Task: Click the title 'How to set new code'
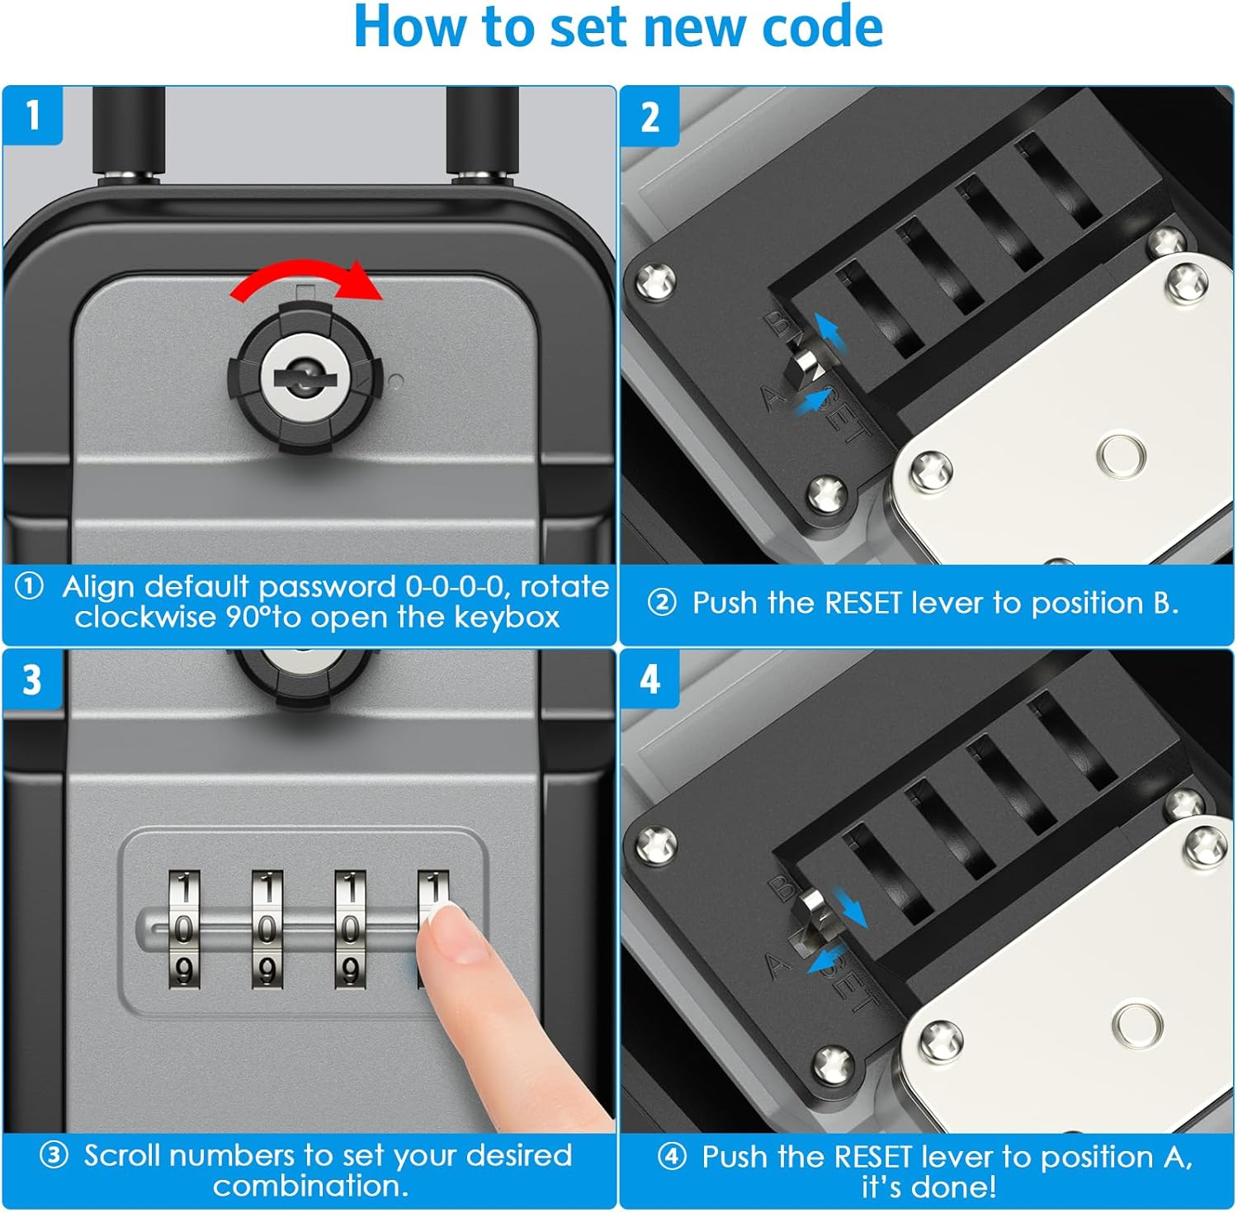click(618, 28)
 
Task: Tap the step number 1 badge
click(32, 115)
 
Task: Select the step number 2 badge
click(650, 116)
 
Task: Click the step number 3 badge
click(32, 680)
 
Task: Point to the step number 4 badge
click(650, 680)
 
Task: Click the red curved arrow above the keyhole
click(306, 279)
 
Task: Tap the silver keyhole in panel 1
click(305, 378)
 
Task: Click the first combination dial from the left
click(184, 928)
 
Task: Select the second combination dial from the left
click(267, 928)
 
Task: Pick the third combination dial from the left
click(349, 928)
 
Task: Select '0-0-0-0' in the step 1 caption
click(454, 587)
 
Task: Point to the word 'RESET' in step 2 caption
click(862, 604)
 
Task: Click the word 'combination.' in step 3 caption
click(310, 1186)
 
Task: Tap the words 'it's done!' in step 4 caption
click(928, 1187)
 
